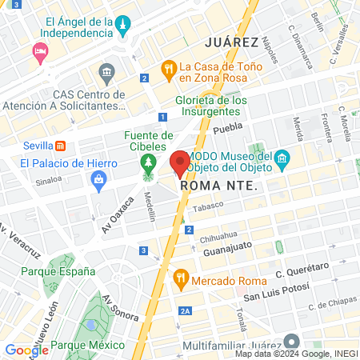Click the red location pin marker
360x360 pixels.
179,162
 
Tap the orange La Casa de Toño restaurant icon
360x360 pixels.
168,69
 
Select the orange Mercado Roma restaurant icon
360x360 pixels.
181,278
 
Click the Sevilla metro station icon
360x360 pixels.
60,146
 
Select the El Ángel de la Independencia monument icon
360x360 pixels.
122,28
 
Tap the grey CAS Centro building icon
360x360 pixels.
106,74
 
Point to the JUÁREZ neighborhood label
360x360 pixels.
230,42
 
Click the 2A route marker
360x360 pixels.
186,312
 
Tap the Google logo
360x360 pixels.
26,350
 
